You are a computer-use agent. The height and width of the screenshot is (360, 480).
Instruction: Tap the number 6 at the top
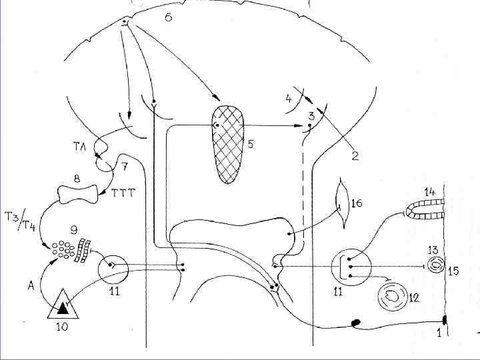[168, 17]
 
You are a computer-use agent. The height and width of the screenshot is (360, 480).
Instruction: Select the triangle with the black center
[63, 305]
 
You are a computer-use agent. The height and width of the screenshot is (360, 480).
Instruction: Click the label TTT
[122, 193]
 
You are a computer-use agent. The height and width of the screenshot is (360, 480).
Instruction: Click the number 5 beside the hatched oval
[250, 143]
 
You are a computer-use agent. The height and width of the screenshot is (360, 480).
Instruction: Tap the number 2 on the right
[355, 157]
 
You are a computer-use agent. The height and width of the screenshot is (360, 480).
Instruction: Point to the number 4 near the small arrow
[288, 100]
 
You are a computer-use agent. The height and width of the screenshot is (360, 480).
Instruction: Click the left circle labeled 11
[113, 270]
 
